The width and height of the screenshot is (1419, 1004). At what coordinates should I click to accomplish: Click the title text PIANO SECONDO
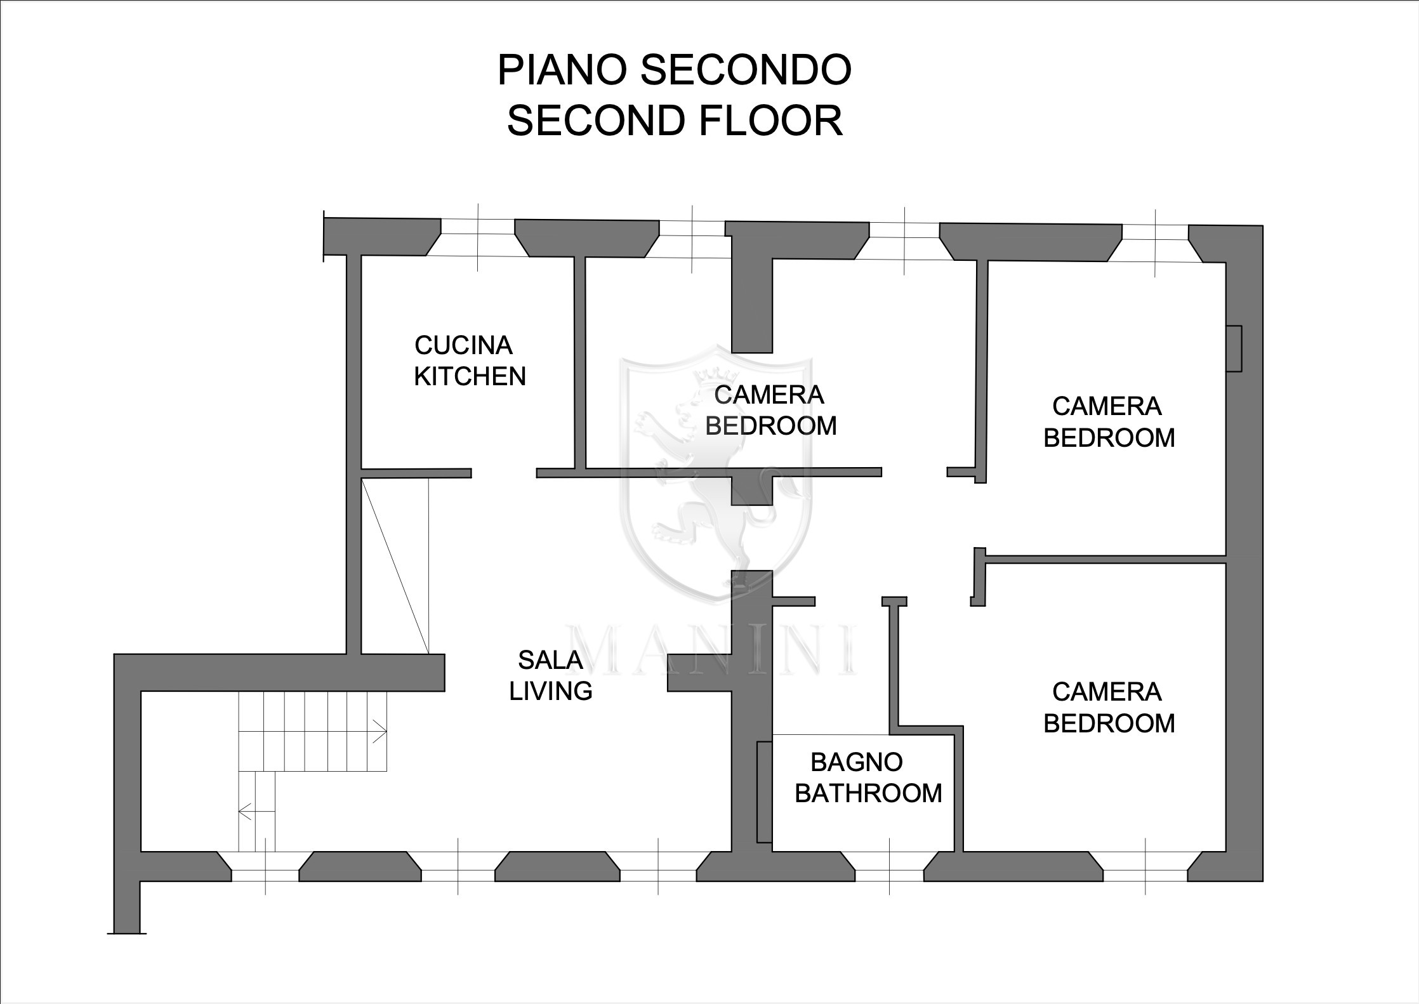tap(674, 70)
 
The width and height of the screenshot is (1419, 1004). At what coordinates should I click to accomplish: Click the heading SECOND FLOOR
tap(675, 121)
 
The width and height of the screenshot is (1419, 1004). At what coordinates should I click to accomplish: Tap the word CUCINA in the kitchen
tap(463, 345)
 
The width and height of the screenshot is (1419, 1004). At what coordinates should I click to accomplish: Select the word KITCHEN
tap(470, 376)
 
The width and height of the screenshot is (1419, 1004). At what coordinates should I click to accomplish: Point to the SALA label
tap(550, 660)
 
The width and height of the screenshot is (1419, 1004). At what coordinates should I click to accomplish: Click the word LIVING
tap(551, 691)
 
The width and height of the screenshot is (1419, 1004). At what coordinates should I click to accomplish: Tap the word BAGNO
tap(857, 762)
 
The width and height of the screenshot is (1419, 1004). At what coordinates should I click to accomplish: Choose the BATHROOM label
tap(868, 793)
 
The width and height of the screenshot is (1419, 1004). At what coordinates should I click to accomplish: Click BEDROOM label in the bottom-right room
tap(1109, 723)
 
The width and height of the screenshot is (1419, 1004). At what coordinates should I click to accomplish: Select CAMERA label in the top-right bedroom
tap(1107, 406)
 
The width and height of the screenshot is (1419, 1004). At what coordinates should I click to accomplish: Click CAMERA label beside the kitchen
tap(769, 395)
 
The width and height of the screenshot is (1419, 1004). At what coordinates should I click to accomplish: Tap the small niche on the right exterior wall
tap(1234, 348)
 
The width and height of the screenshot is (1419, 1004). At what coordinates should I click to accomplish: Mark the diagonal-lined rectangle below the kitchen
tap(395, 565)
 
